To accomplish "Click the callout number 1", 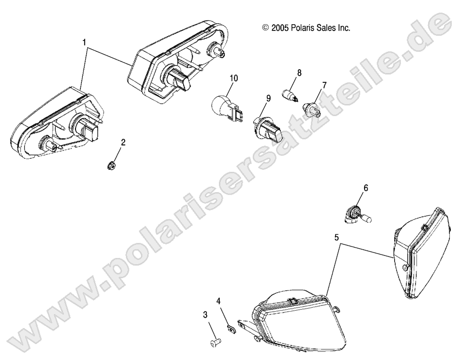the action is click(x=85, y=43).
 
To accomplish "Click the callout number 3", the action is click(x=205, y=315).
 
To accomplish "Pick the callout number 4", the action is click(x=219, y=301).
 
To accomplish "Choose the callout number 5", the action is click(x=337, y=238).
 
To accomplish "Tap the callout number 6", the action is click(x=366, y=188).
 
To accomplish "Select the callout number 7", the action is click(x=324, y=85).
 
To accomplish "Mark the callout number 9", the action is click(x=268, y=98).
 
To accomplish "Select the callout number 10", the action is click(x=234, y=78).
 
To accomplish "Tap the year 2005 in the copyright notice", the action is click(x=280, y=28).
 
